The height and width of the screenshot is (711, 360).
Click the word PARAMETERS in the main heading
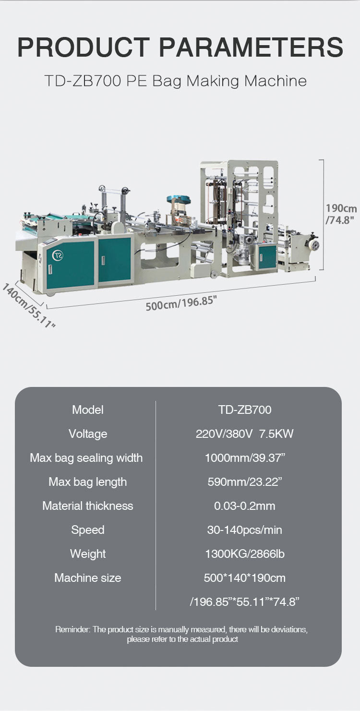click(251, 48)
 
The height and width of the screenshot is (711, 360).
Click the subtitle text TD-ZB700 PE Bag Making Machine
click(175, 81)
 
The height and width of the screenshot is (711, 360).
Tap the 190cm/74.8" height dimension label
click(341, 214)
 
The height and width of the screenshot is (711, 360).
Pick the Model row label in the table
click(88, 410)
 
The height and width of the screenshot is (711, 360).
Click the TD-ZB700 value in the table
click(244, 410)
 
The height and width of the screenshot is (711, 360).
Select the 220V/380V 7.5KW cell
click(244, 434)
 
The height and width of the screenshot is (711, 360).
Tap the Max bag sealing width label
click(86, 458)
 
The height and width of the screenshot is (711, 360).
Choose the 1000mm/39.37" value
click(244, 458)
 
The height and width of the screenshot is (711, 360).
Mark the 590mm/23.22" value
click(244, 482)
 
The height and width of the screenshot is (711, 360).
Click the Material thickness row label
click(88, 506)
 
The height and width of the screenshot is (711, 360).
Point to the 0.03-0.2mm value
click(244, 506)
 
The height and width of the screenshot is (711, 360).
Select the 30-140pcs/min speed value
click(244, 530)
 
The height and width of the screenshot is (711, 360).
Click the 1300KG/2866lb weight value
click(244, 554)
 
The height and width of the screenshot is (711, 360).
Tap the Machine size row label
click(88, 578)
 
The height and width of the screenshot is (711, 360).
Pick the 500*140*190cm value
click(244, 578)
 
